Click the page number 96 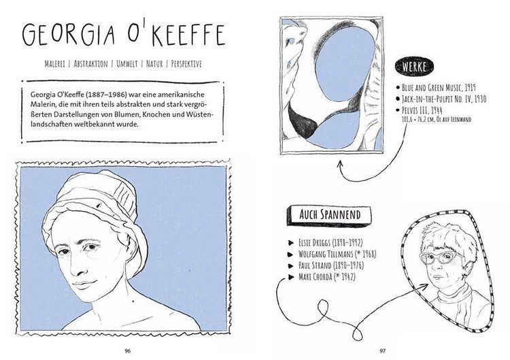click(x=128, y=351)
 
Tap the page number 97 click(x=382, y=351)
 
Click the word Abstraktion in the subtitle click(x=90, y=63)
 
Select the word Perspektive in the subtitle click(x=186, y=63)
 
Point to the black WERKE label click(x=414, y=67)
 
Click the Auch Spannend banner click(x=329, y=215)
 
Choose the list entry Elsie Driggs click(x=330, y=242)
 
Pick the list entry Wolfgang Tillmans click(x=337, y=254)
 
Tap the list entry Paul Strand click(x=330, y=265)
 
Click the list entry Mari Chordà click(x=326, y=277)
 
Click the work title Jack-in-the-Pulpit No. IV click(x=444, y=99)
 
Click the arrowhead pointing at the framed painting click(x=339, y=164)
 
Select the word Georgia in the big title click(x=69, y=35)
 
